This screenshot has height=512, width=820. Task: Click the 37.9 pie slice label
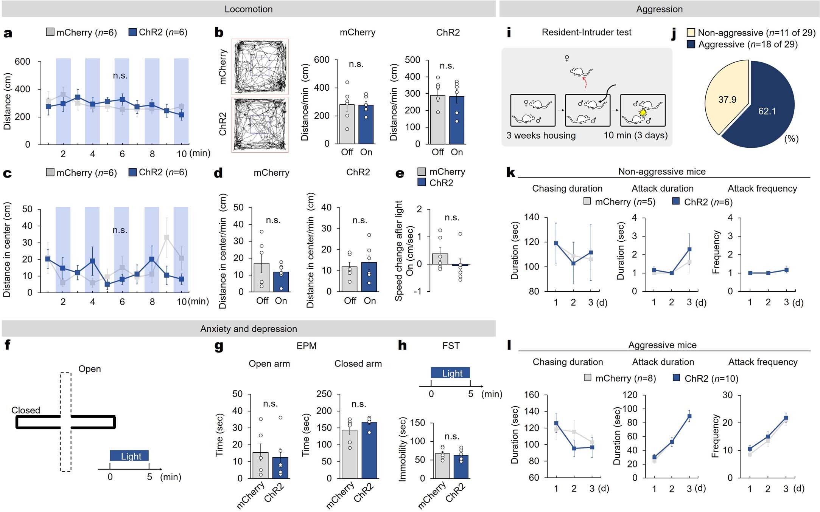coord(727,100)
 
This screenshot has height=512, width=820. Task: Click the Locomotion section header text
coord(248,9)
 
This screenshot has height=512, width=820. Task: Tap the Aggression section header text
coord(659,9)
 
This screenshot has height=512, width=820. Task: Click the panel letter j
coord(674,34)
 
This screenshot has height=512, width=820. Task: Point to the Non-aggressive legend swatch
coord(691,32)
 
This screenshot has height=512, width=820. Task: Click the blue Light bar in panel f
coord(129,456)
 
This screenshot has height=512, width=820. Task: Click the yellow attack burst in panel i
coord(643,113)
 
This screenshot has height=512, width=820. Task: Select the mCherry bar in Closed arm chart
coord(349,454)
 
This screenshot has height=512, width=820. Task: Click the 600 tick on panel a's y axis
coord(22,62)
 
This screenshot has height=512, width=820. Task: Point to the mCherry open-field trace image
coord(260,67)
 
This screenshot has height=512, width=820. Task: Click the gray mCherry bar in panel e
coord(440,259)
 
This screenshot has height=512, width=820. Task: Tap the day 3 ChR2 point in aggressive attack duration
coord(689,416)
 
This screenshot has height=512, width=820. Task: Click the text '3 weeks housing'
coord(541,135)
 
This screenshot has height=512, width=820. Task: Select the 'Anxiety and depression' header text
coord(248,329)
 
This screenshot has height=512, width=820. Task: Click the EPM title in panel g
coord(306,346)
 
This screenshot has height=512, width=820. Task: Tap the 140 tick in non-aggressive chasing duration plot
coord(531,217)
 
